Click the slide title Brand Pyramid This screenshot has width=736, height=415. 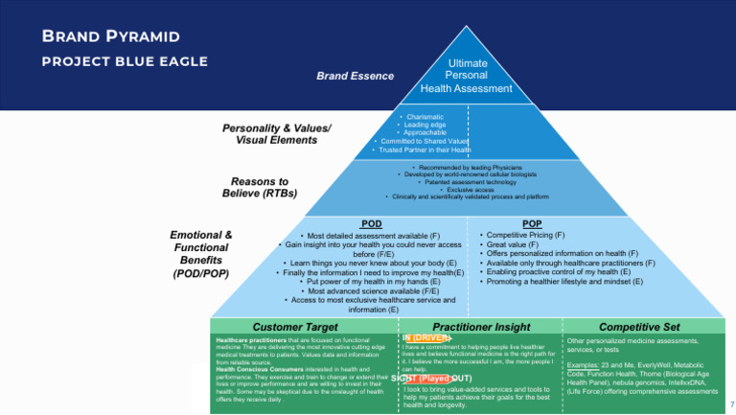tap(110, 37)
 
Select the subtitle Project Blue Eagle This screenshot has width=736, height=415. tap(125, 61)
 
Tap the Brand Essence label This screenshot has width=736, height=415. tap(355, 75)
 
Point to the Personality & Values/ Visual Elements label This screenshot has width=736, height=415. tap(277, 134)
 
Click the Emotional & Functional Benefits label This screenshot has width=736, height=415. tap(200, 254)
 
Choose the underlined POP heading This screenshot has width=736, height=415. tap(532, 222)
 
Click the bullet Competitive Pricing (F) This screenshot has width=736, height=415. tap(526, 235)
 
